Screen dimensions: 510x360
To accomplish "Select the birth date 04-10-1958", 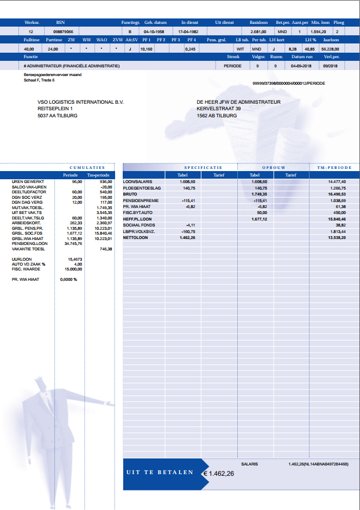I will tap(154, 32).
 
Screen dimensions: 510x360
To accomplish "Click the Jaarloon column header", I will tap(331, 40).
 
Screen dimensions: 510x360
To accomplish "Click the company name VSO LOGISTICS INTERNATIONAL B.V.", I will tap(80, 102).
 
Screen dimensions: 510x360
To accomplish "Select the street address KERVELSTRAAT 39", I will tap(219, 109).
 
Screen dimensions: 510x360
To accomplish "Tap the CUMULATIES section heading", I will tap(87, 167).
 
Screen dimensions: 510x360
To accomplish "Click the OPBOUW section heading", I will tap(274, 167).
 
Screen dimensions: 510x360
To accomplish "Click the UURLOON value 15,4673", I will tap(74, 260).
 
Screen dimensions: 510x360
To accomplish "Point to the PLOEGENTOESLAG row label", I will tap(140, 188).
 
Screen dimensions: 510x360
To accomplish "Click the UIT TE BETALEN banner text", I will tap(160, 473).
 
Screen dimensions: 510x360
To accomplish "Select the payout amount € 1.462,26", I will tap(219, 474).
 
